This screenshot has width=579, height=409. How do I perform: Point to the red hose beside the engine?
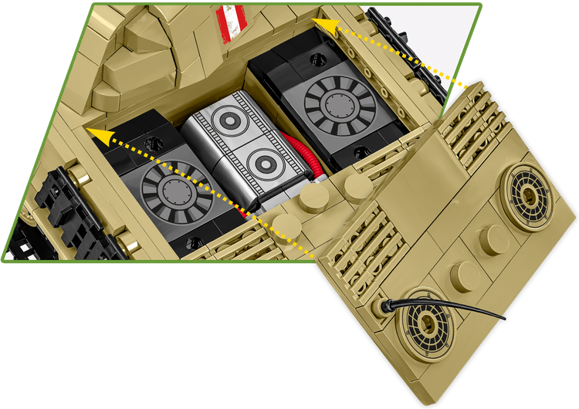coord(306,158)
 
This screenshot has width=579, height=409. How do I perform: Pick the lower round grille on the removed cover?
coord(424,320)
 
